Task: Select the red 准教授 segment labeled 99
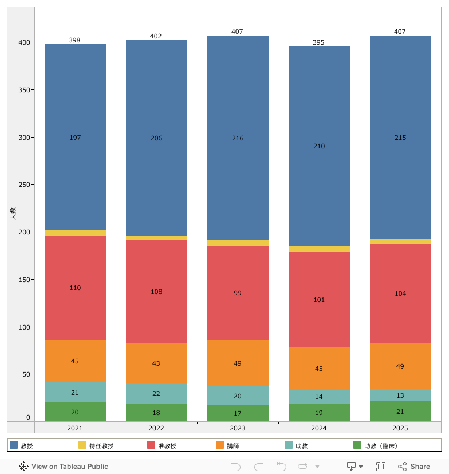[x=238, y=293]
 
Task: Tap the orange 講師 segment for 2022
[x=156, y=363]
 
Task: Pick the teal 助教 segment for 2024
[x=319, y=397]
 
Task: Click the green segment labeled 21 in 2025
[x=400, y=412]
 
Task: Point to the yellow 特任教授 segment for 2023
[x=238, y=243]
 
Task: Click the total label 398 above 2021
[x=75, y=40]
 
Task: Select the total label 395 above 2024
[x=319, y=42]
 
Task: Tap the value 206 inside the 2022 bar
[x=156, y=138]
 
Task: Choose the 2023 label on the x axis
[x=238, y=428]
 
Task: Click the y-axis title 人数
[x=13, y=214]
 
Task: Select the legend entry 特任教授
[x=101, y=445]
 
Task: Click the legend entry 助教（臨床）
[x=380, y=445]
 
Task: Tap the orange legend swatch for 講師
[x=220, y=445]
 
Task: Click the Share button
[x=414, y=467]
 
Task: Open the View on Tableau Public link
[x=64, y=467]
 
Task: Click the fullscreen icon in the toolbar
[x=381, y=467]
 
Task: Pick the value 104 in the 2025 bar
[x=400, y=293]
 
